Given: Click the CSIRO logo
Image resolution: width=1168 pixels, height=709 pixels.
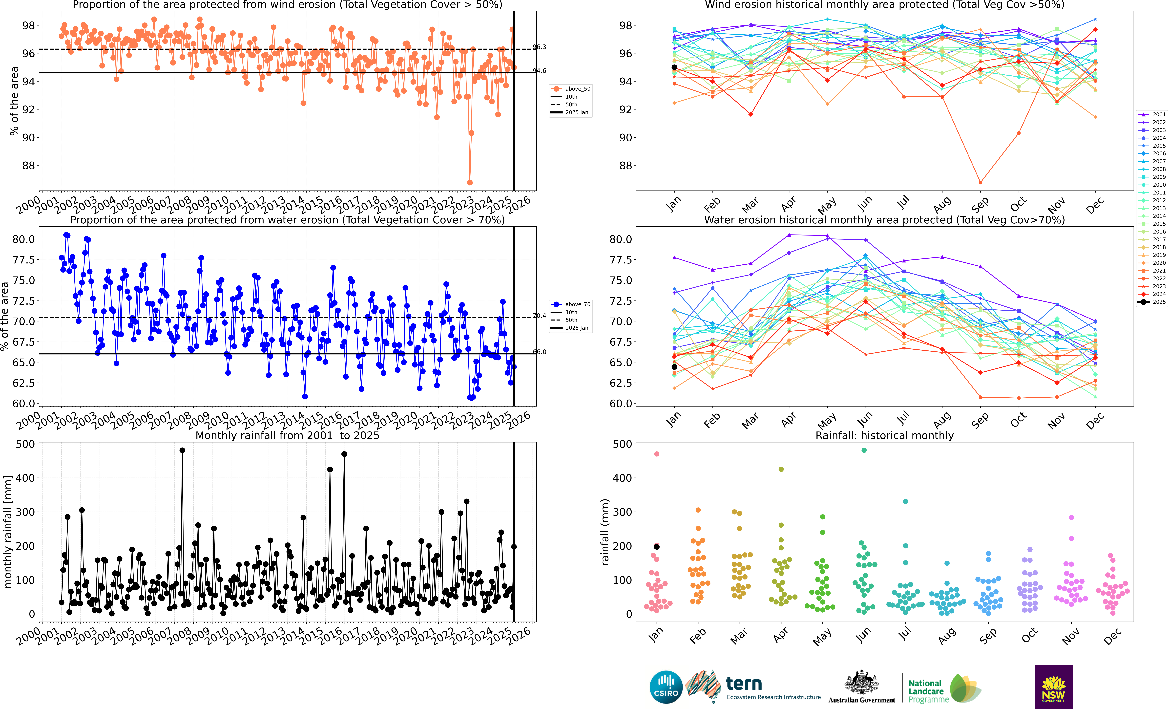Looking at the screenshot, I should coord(666,687).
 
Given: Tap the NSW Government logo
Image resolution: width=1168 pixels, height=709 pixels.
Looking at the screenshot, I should coord(1053,687).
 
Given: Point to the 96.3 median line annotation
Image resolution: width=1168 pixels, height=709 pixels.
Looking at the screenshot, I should coord(539,47).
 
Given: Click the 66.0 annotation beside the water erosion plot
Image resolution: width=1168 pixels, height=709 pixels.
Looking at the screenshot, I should coord(539,352).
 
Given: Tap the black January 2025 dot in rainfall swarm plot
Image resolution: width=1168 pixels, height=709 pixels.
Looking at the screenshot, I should coord(657,547).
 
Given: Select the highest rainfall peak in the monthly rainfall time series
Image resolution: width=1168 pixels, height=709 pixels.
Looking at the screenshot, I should coord(182,451).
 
